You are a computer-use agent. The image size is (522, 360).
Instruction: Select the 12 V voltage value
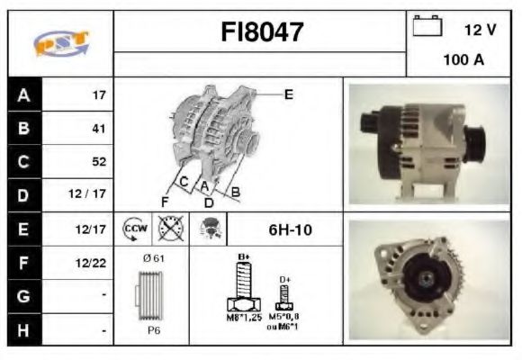click(x=480, y=29)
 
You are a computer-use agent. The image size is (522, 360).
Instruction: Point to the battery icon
click(x=427, y=26)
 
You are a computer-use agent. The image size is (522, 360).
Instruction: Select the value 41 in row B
click(x=99, y=128)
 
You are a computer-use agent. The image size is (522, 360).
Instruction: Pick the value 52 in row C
click(x=99, y=162)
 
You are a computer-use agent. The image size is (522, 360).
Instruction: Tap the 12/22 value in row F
click(x=94, y=263)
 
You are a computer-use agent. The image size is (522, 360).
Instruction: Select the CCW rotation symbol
click(x=135, y=229)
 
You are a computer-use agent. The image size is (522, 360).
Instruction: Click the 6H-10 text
click(x=291, y=230)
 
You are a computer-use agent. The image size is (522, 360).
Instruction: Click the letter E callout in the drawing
click(x=288, y=93)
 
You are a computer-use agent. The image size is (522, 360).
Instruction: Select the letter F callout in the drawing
click(x=165, y=200)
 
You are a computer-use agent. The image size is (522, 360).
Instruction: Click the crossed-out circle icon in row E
click(x=169, y=229)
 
